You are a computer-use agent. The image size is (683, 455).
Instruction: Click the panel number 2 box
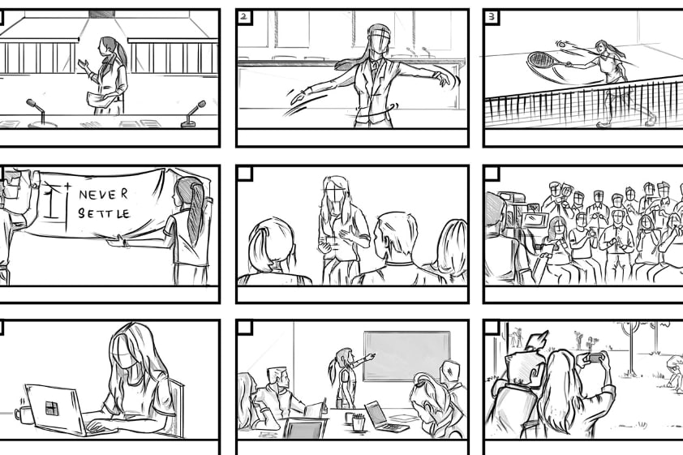pos(244,17)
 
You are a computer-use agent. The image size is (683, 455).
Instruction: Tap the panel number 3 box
pos(492,17)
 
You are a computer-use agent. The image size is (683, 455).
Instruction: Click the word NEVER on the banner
pos(104,194)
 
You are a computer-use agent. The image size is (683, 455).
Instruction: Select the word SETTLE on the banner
pos(104,213)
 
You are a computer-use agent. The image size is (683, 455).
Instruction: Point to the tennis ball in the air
pos(561,44)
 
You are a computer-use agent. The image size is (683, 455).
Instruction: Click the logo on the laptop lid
pos(52,409)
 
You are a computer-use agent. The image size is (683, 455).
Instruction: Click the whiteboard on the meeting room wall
pos(407,356)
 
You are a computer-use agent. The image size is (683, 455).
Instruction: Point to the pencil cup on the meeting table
pos(358,422)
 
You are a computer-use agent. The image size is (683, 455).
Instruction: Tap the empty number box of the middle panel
pos(245,173)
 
